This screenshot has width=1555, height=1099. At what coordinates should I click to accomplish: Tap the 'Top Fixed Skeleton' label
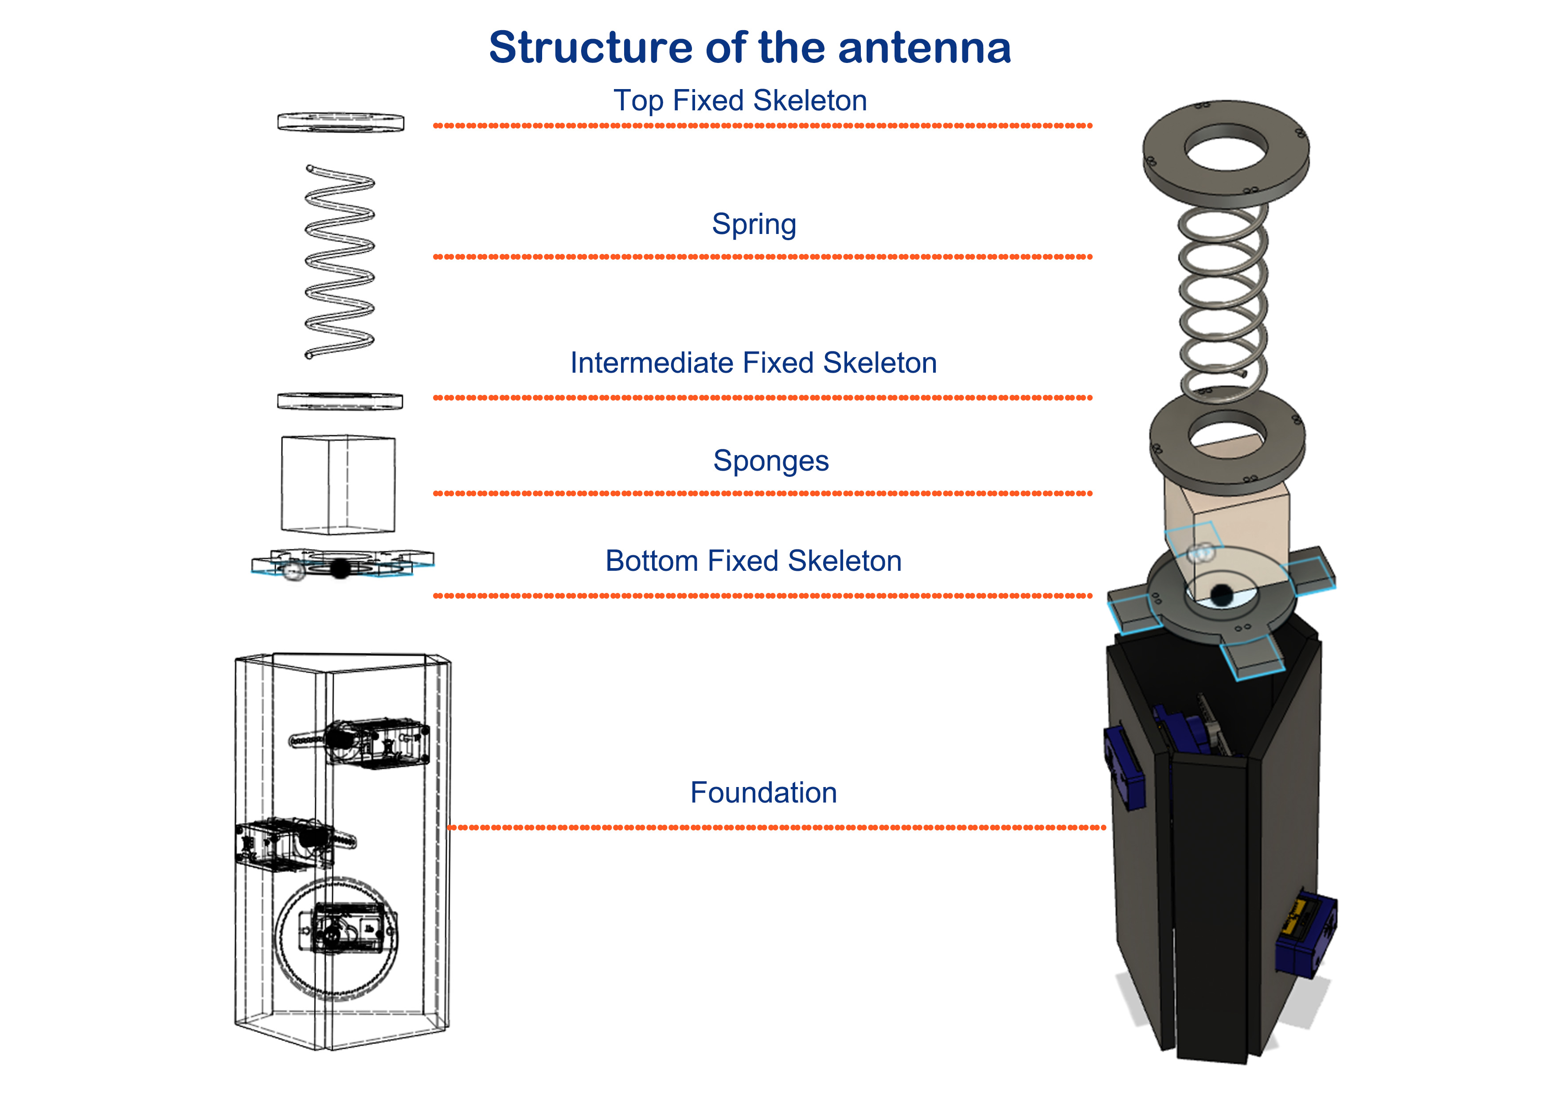click(739, 101)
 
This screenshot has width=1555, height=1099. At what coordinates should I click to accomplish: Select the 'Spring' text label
click(754, 224)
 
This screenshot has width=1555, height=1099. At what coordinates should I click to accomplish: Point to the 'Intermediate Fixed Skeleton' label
click(753, 363)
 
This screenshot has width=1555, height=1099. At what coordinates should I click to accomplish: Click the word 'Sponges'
click(771, 461)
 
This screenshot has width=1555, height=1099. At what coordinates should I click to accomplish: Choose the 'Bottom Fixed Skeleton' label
click(753, 561)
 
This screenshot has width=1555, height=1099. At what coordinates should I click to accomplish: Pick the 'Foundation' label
click(763, 793)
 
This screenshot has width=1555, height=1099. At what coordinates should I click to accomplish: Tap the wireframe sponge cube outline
click(338, 484)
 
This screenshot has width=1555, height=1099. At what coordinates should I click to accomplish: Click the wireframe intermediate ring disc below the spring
click(340, 401)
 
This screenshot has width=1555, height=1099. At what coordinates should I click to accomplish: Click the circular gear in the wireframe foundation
click(336, 938)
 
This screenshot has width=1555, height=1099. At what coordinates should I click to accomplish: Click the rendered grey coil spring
click(1223, 298)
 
